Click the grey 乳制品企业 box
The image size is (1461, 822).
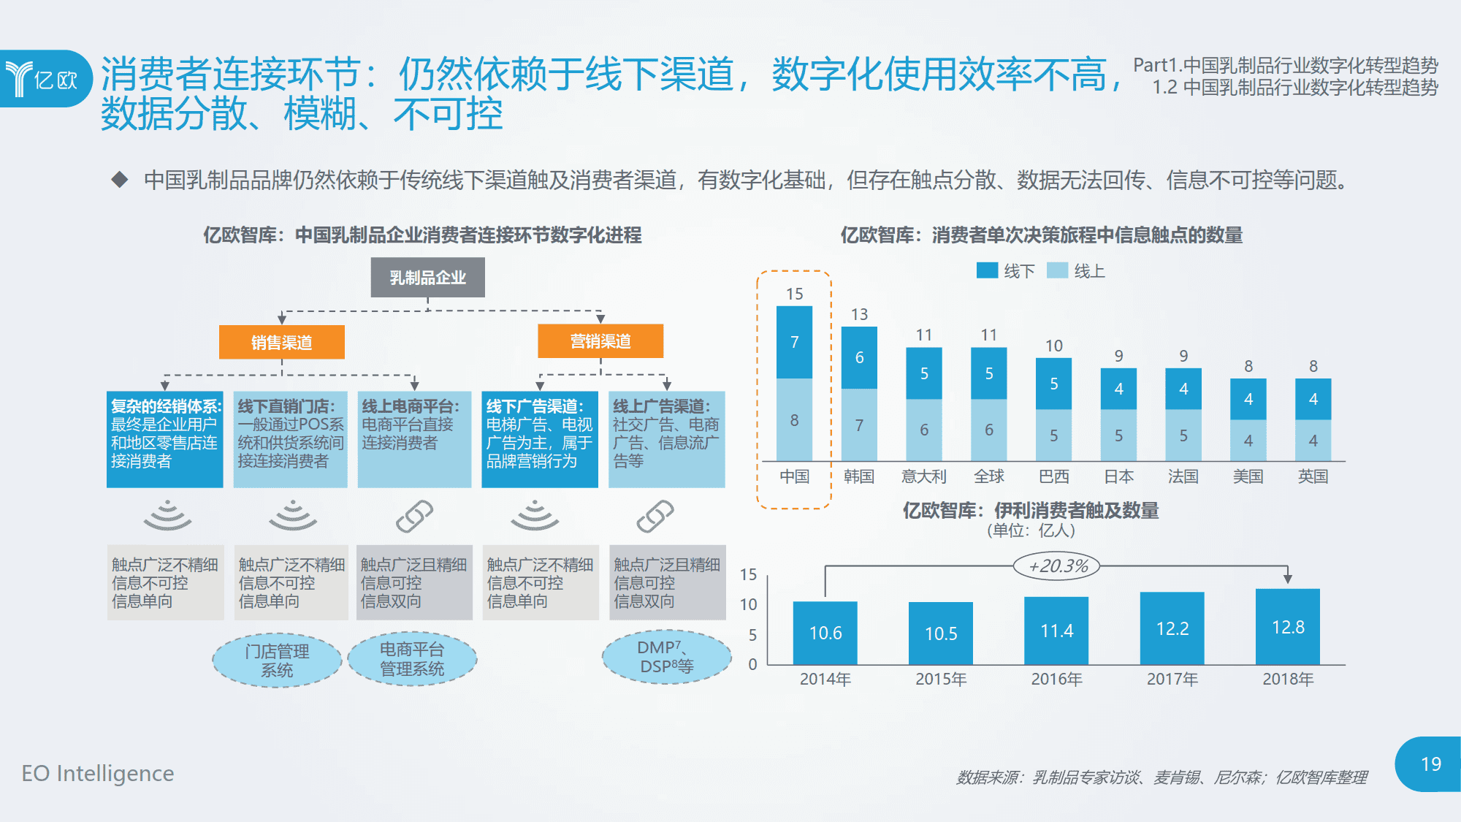tap(427, 278)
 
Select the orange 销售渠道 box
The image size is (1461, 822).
tap(281, 342)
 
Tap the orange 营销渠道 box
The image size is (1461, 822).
tap(600, 341)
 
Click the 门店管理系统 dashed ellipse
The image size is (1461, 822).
tap(277, 661)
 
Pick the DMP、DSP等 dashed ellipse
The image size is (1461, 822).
tap(666, 657)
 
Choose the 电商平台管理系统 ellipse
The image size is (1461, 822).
tap(412, 659)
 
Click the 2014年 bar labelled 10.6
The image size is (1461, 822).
tap(825, 633)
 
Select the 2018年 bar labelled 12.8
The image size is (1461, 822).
tap(1287, 627)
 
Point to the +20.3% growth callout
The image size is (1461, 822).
tap(1057, 566)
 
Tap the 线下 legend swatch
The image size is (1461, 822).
tap(987, 271)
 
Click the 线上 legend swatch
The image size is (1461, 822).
tap(1057, 271)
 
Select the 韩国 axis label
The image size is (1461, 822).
tap(859, 477)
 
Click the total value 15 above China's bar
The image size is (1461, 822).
tap(794, 294)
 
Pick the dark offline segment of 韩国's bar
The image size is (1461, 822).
tap(859, 357)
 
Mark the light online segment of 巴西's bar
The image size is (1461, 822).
tap(1053, 435)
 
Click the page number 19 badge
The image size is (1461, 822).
tap(1430, 764)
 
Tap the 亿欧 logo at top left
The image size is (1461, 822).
tap(44, 79)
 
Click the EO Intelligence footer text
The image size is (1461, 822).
tap(98, 773)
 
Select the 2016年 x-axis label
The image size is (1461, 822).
tap(1056, 680)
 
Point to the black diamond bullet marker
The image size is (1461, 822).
tap(120, 180)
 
